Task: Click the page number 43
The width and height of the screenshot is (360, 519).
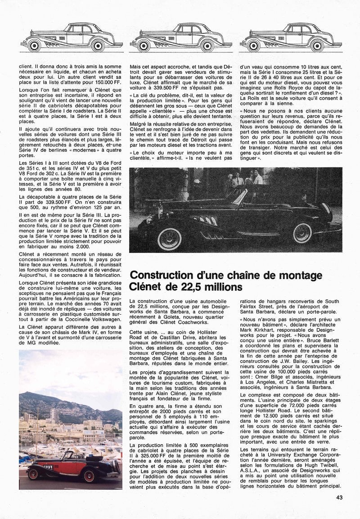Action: (x=339, y=497)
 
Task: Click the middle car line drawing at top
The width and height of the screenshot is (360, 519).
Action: (x=181, y=37)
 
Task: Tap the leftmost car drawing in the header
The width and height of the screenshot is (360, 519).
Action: (x=72, y=37)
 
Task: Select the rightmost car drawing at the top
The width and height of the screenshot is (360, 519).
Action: (x=291, y=37)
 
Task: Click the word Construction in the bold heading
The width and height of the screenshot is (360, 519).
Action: (x=158, y=275)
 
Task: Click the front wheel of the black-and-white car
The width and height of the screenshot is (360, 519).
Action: (x=169, y=239)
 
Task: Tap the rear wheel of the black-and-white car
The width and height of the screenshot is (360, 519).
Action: (x=302, y=233)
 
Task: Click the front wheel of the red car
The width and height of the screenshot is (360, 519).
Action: (x=33, y=474)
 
